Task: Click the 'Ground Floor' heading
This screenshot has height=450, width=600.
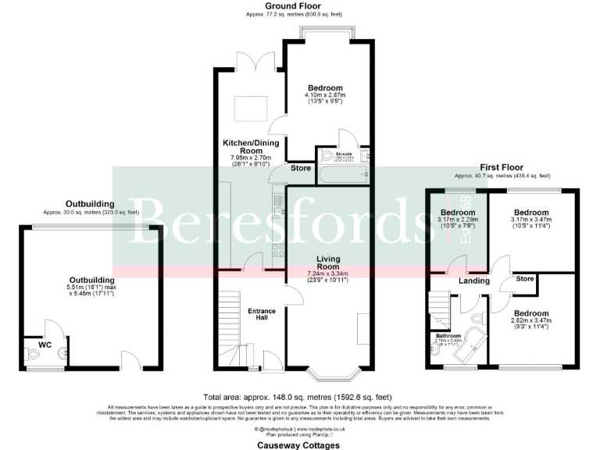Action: point(299,5)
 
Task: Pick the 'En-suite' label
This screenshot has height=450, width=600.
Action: point(344,154)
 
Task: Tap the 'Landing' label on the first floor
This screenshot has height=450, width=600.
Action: point(474,280)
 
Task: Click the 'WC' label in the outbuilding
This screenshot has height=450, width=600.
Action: point(33,342)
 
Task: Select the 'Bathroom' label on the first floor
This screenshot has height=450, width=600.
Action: point(448,336)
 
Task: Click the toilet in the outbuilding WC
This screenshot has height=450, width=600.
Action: point(34,355)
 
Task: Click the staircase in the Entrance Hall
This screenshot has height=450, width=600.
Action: point(230,328)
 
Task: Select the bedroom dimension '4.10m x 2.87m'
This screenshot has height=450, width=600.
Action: point(323,95)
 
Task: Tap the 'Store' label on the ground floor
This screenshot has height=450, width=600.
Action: point(300,168)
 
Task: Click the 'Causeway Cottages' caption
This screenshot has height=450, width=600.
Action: point(299,445)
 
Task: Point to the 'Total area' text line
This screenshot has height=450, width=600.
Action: point(299,397)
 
